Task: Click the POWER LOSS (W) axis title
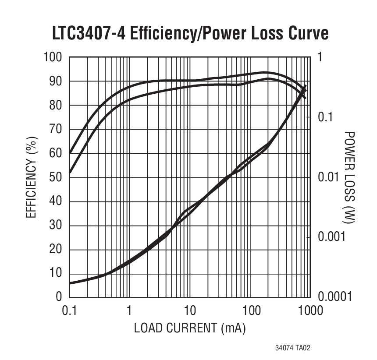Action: [349, 177]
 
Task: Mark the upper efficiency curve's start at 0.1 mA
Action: [70, 153]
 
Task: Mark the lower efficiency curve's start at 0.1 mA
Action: [70, 173]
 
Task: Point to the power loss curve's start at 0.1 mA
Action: [70, 283]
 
